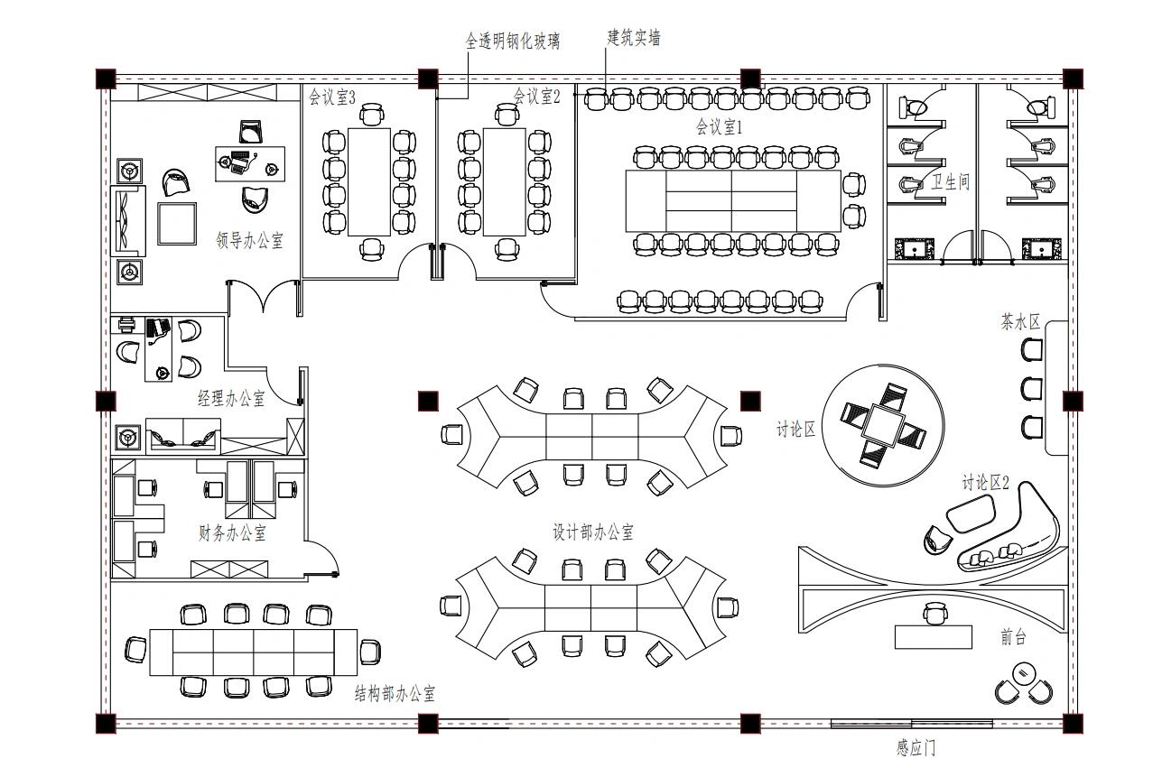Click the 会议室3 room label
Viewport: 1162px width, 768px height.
(332, 97)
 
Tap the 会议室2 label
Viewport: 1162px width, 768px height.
(537, 96)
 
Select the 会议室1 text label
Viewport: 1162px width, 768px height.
(719, 127)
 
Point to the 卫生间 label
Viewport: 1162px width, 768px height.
(951, 182)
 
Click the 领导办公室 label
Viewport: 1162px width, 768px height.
(250, 240)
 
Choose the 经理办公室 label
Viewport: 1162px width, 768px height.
(232, 398)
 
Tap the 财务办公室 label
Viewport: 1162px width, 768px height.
(232, 532)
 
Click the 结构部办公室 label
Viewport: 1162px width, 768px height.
(395, 693)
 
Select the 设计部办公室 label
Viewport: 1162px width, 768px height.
(593, 532)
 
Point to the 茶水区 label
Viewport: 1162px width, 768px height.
(1020, 322)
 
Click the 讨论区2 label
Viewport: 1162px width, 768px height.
(985, 483)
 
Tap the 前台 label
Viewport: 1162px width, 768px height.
(1013, 637)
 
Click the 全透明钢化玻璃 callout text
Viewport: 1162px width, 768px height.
(512, 41)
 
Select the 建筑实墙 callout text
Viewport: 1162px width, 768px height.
(634, 38)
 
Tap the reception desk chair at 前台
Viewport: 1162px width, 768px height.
(934, 615)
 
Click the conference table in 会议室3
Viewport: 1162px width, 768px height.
(369, 181)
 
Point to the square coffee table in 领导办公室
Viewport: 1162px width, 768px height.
(177, 223)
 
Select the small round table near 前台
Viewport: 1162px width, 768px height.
(1023, 673)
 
